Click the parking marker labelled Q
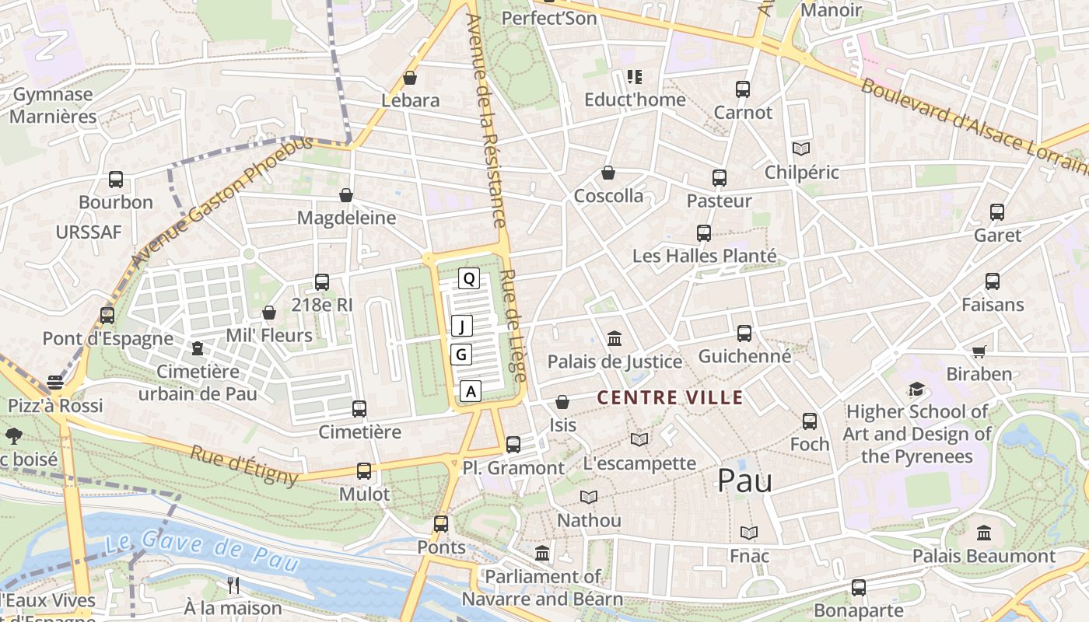click(468, 278)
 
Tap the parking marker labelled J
click(461, 326)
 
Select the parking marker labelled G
click(461, 355)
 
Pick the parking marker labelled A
click(470, 391)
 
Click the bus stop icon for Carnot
click(743, 89)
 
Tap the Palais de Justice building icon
click(615, 338)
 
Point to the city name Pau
click(744, 480)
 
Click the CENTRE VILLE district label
click(670, 398)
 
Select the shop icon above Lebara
click(410, 78)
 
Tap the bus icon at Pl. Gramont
click(513, 445)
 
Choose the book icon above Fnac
click(749, 533)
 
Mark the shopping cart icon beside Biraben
click(979, 351)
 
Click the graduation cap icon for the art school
click(916, 389)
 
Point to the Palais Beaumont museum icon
click(984, 533)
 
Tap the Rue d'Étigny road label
click(244, 464)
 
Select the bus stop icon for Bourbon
click(116, 180)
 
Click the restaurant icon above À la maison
click(233, 585)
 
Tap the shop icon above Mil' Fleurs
click(269, 313)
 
